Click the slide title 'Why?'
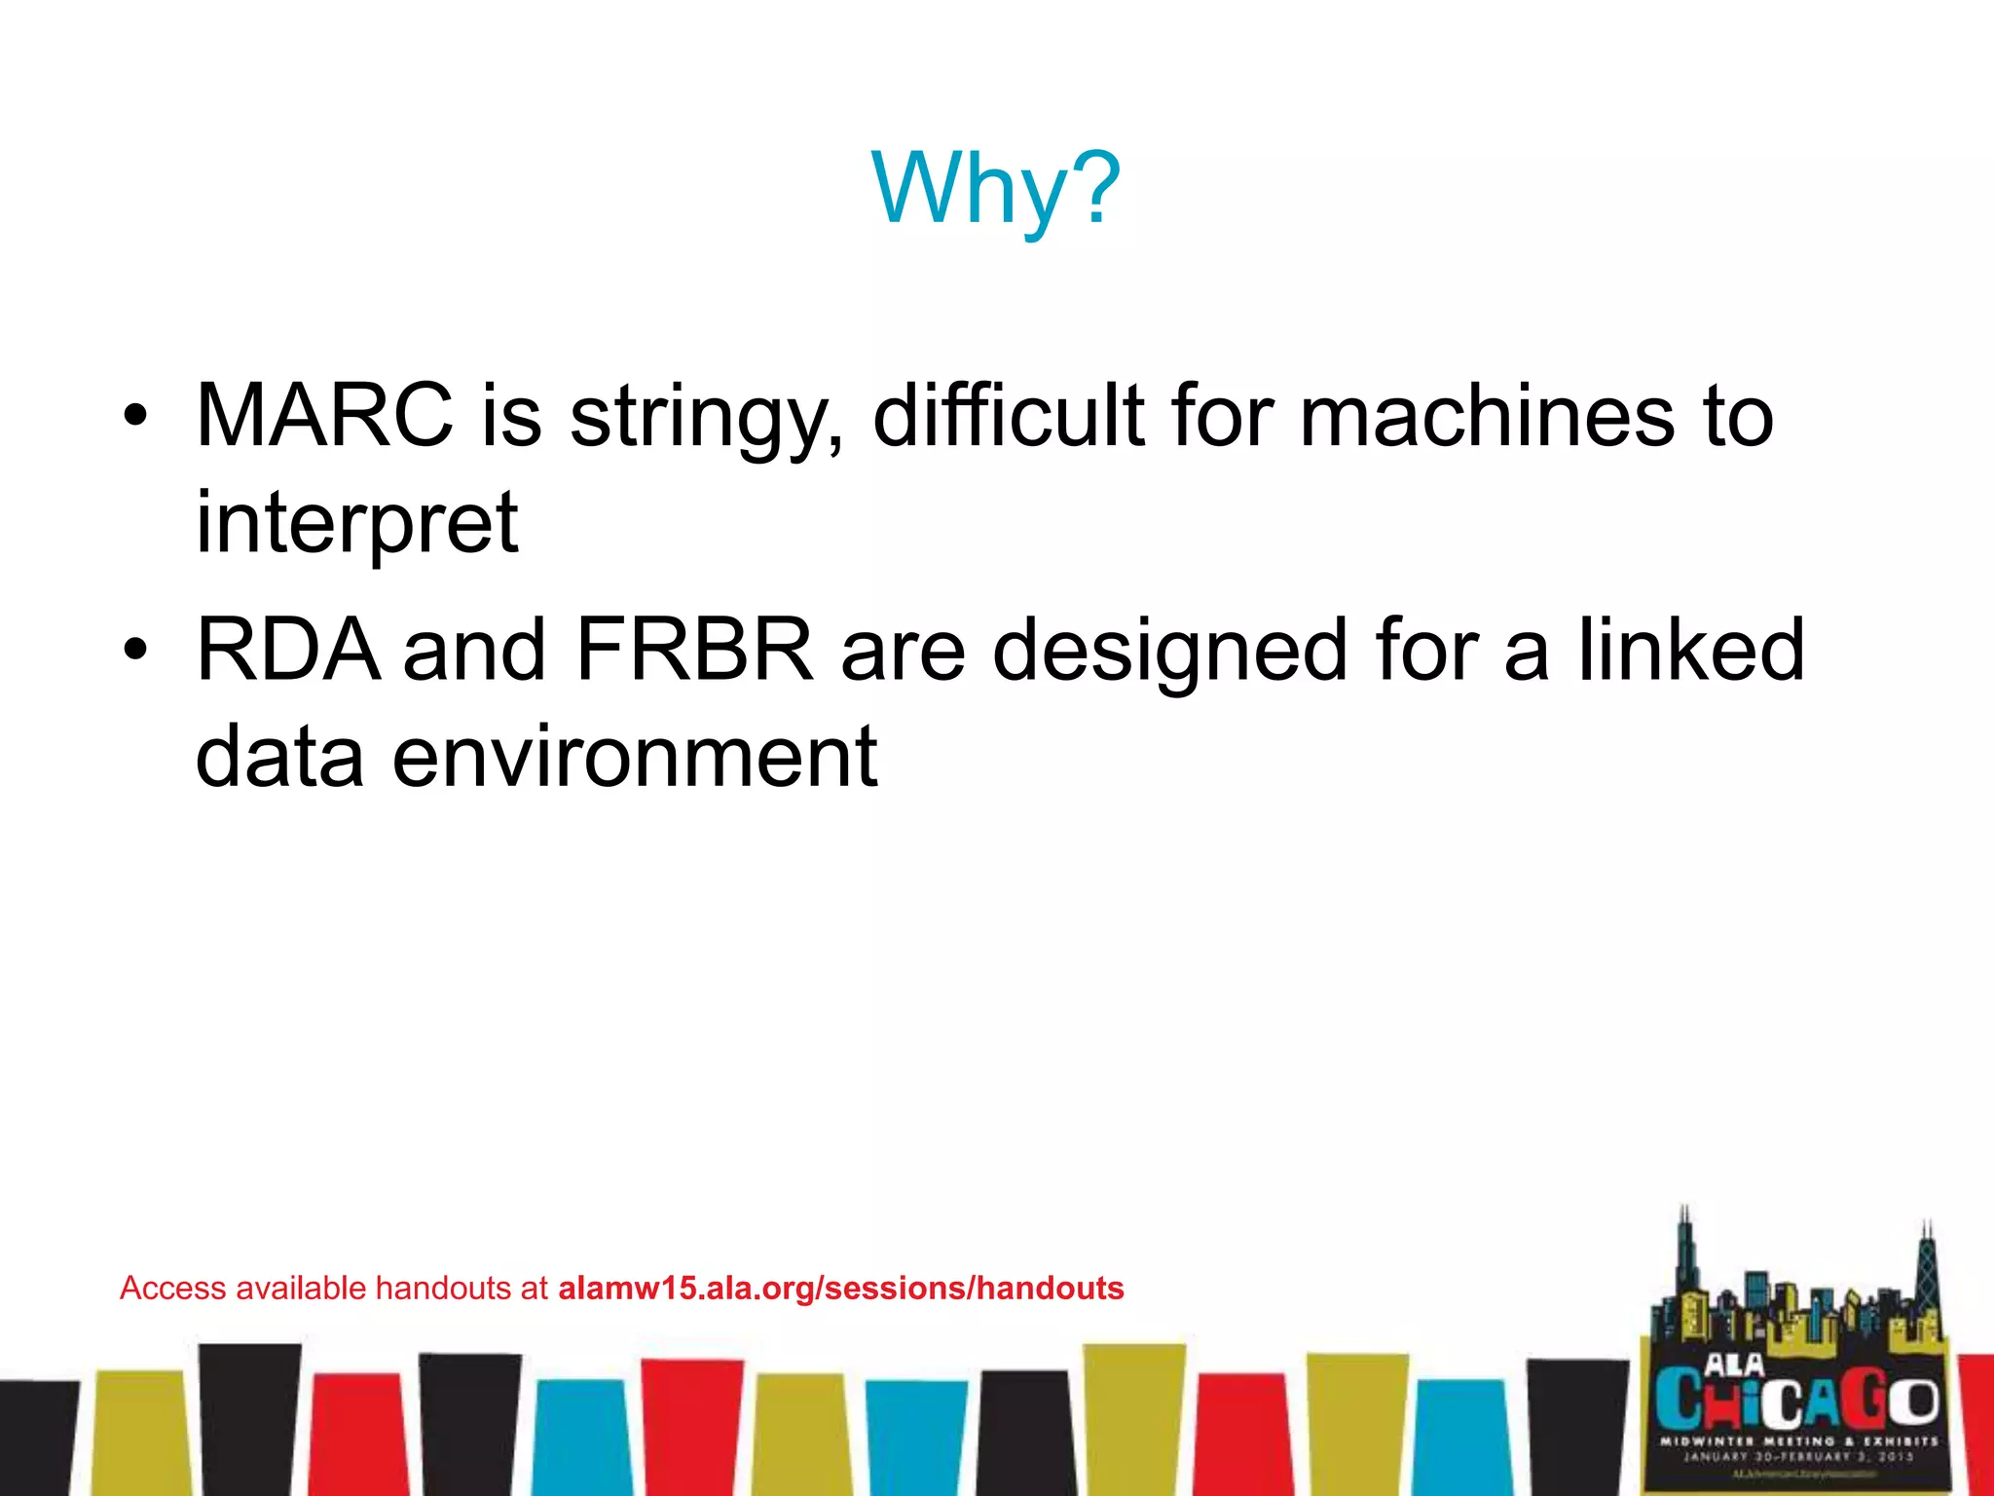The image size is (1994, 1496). pyautogui.click(x=996, y=189)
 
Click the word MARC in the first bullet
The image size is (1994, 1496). pyautogui.click(x=324, y=416)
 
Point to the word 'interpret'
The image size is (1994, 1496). pyautogui.click(x=356, y=523)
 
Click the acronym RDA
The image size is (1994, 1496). pyautogui.click(x=288, y=650)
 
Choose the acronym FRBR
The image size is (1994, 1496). pyautogui.click(x=694, y=650)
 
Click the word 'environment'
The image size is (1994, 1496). pyautogui.click(x=635, y=757)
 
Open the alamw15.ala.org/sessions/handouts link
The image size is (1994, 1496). pyautogui.click(x=840, y=1289)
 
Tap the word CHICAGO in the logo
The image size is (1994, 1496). pyautogui.click(x=1797, y=1400)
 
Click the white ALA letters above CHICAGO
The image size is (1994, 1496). pyautogui.click(x=1734, y=1364)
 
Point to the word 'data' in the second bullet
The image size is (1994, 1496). pyautogui.click(x=279, y=757)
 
